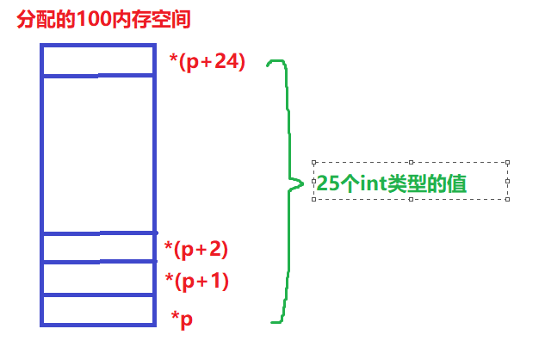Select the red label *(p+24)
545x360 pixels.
click(207, 62)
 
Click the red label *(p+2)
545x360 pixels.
click(196, 250)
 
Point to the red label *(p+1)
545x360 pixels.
click(196, 281)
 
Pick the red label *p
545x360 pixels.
click(182, 319)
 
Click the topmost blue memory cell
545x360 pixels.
click(97, 59)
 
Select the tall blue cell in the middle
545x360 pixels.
click(97, 154)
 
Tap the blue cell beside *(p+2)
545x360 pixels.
click(97, 247)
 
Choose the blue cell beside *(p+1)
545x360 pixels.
click(97, 278)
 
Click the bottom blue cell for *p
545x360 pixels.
click(97, 310)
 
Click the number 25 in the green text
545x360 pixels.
click(327, 183)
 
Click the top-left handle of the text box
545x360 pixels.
click(314, 161)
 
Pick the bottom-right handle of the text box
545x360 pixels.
click(508, 199)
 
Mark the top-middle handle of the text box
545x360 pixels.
click(412, 161)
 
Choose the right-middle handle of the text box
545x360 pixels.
click(508, 180)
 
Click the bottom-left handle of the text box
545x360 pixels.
click(314, 199)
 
